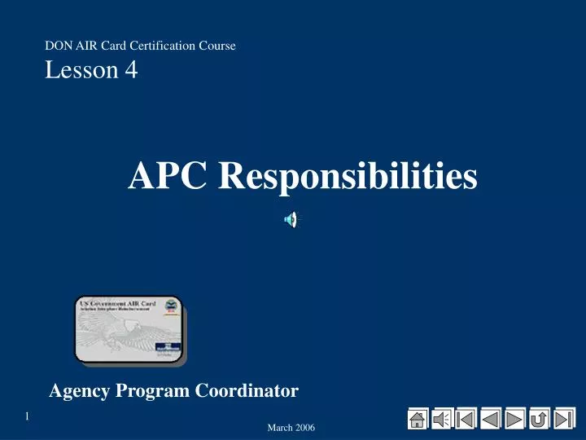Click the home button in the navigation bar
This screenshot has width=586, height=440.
click(418, 418)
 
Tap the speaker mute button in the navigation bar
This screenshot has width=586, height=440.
click(442, 418)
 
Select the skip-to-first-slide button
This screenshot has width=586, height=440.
click(466, 418)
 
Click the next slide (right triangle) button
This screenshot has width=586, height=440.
click(514, 418)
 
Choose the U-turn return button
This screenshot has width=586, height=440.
click(539, 418)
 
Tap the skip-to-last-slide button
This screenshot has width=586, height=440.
click(564, 418)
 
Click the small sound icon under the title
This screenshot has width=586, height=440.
click(291, 218)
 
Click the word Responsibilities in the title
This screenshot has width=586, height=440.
click(348, 176)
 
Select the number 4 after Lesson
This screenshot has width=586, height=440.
click(131, 71)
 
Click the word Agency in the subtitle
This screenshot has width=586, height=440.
click(80, 392)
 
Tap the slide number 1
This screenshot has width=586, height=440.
click(26, 417)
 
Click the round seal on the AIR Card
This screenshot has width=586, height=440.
click(171, 307)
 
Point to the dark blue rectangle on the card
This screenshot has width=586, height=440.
click(169, 348)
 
